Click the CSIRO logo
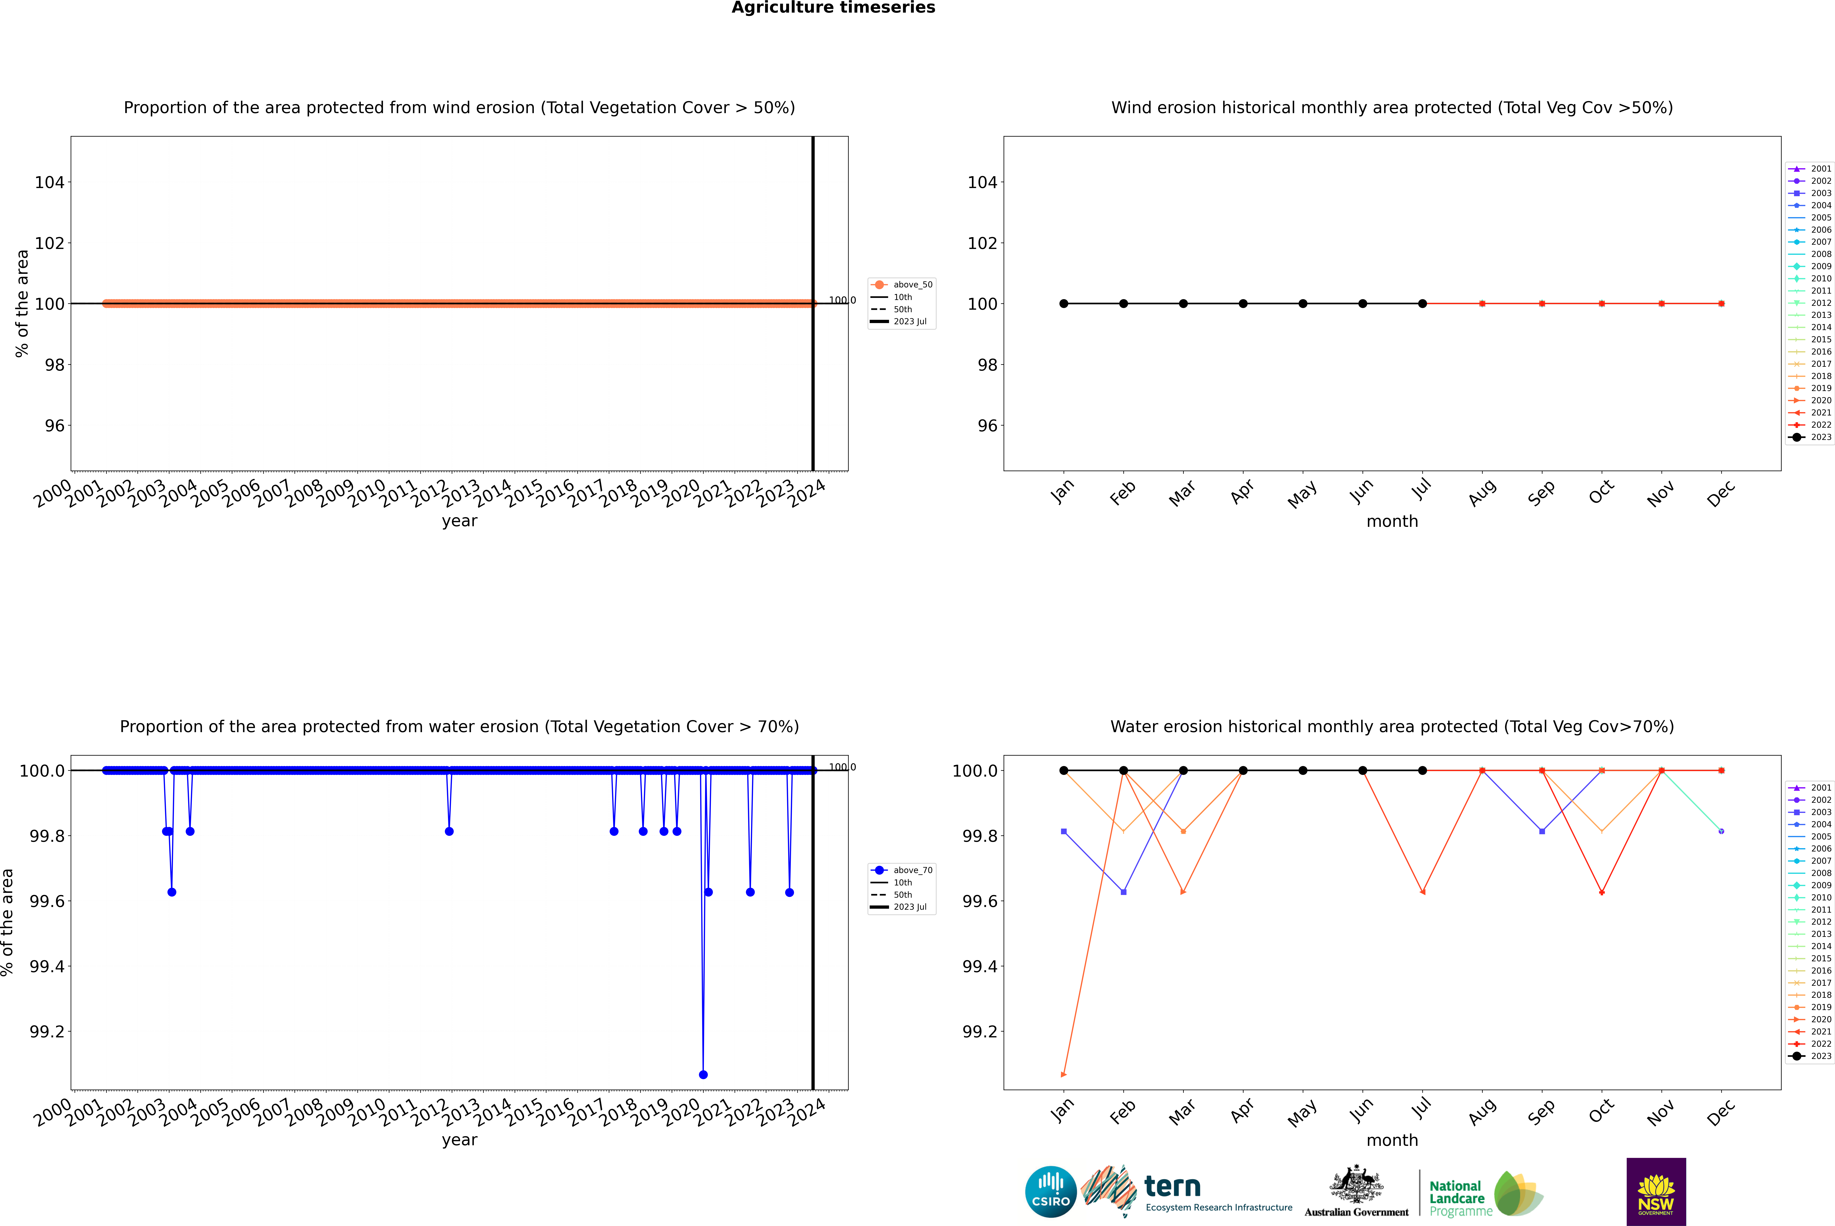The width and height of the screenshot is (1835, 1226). (x=1051, y=1192)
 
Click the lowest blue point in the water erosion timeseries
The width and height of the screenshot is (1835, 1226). (x=703, y=1074)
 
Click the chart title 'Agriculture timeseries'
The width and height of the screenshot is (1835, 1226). (x=833, y=8)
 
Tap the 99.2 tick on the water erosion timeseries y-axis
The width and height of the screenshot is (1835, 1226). (x=47, y=1031)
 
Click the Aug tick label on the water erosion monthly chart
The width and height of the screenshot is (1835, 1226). (x=1482, y=1112)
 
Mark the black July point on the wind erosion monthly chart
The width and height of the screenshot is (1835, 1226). (x=1422, y=303)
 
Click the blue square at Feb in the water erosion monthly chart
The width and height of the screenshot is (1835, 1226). (x=1123, y=892)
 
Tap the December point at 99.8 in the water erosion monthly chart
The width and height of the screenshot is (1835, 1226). (x=1721, y=831)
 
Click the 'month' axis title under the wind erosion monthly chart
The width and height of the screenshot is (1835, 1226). (x=1391, y=522)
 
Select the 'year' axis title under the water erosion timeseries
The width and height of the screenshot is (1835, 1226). (x=459, y=1140)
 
